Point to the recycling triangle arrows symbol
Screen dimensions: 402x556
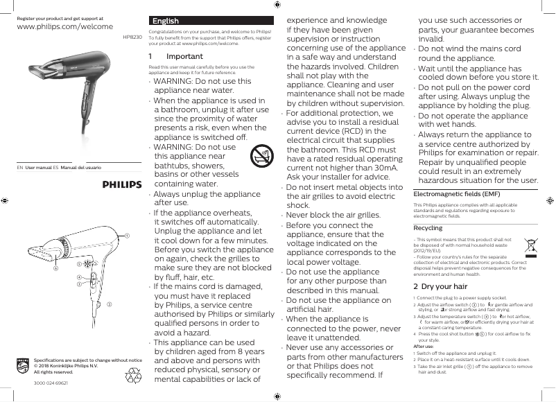(x=132, y=376)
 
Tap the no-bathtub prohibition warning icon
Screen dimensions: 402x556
(x=261, y=157)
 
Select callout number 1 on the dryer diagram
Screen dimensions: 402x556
(x=127, y=236)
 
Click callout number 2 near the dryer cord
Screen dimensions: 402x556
(x=108, y=304)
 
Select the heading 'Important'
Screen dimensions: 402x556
(x=185, y=56)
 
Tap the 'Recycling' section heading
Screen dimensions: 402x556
(x=428, y=228)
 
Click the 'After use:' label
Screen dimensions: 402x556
(x=424, y=345)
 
